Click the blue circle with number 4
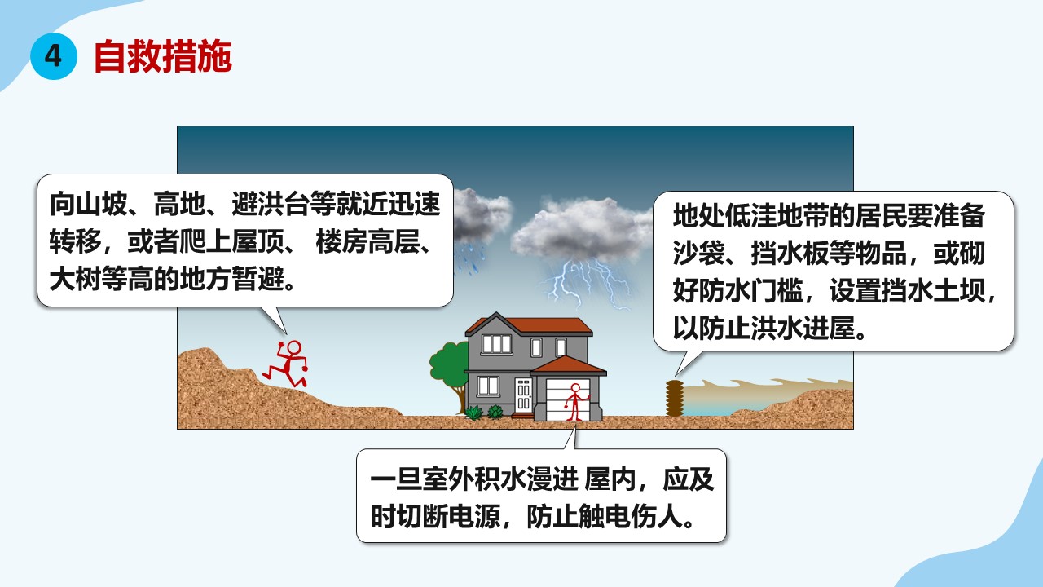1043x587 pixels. [54, 56]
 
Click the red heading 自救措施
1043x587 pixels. [163, 57]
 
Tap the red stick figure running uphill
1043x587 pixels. [285, 364]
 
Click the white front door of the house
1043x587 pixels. [523, 395]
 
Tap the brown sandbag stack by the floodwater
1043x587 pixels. [674, 398]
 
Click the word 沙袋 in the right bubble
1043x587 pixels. [698, 254]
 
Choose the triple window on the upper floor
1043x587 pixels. [497, 344]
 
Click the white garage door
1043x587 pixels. [568, 400]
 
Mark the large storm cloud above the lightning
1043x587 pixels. [582, 231]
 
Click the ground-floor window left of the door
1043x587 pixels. [488, 386]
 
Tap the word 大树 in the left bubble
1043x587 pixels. [76, 279]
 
